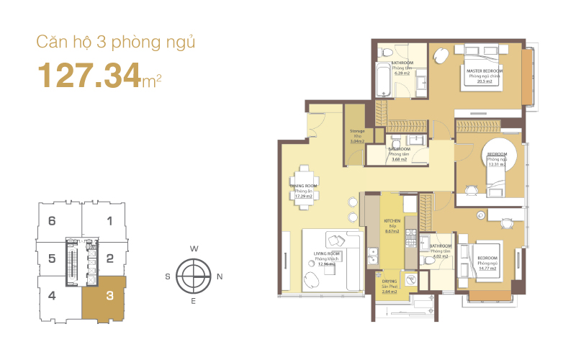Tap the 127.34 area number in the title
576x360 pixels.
coord(89,75)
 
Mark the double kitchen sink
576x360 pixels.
coord(374,254)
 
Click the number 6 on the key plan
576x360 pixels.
coord(52,222)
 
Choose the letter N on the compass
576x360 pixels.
coord(220,276)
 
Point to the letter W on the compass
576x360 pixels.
coord(193,248)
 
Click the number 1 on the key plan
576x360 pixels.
coord(109,222)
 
